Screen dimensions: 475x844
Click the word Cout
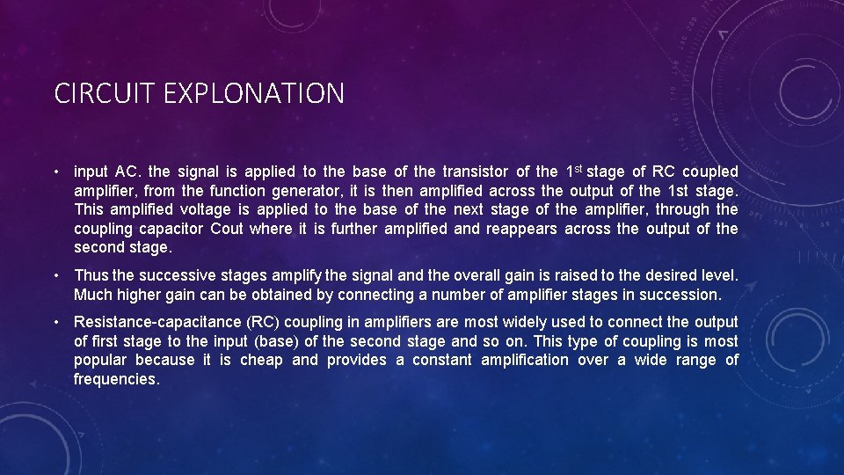coord(227,230)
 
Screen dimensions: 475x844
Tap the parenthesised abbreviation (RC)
coord(263,322)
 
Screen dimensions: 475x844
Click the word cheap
coord(261,361)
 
